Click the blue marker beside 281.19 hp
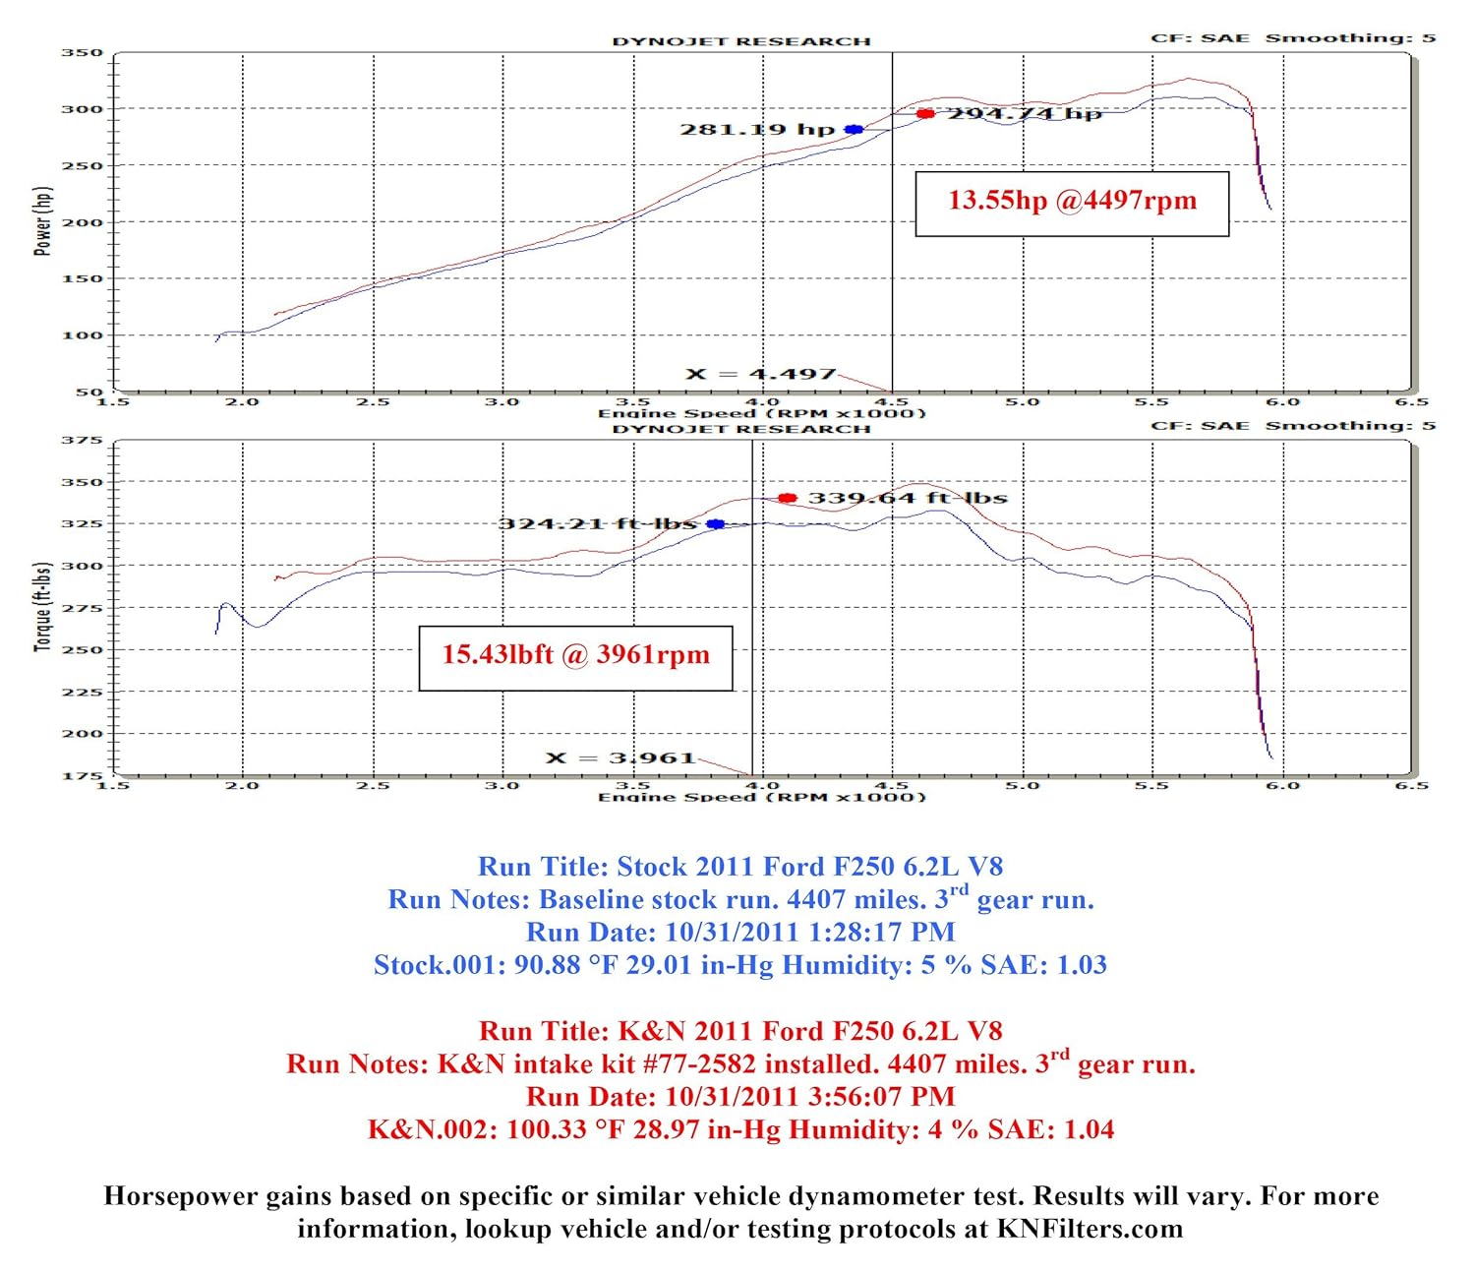coord(854,130)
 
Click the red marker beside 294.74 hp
coord(925,114)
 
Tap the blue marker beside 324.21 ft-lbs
coord(716,524)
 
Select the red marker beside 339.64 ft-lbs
coord(787,498)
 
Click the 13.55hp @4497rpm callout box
coord(1072,204)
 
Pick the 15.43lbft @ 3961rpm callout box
coord(575,658)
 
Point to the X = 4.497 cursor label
coord(761,374)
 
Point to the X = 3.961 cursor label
coord(620,758)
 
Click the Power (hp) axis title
coord(42,221)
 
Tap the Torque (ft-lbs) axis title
coord(42,607)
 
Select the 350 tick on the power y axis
coord(82,53)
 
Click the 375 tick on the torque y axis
coord(82,441)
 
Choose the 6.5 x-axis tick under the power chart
coord(1411,401)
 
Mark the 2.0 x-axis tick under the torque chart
coord(242,785)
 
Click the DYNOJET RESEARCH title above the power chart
coord(741,41)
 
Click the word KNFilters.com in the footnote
coord(1090,1229)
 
